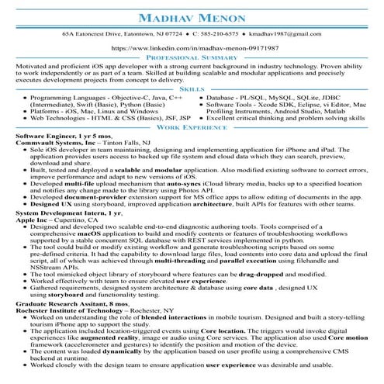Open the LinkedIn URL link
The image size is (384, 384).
(x=192, y=48)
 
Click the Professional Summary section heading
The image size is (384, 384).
(x=192, y=58)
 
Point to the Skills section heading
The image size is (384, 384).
(x=192, y=90)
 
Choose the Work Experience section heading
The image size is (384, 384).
(x=192, y=126)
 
